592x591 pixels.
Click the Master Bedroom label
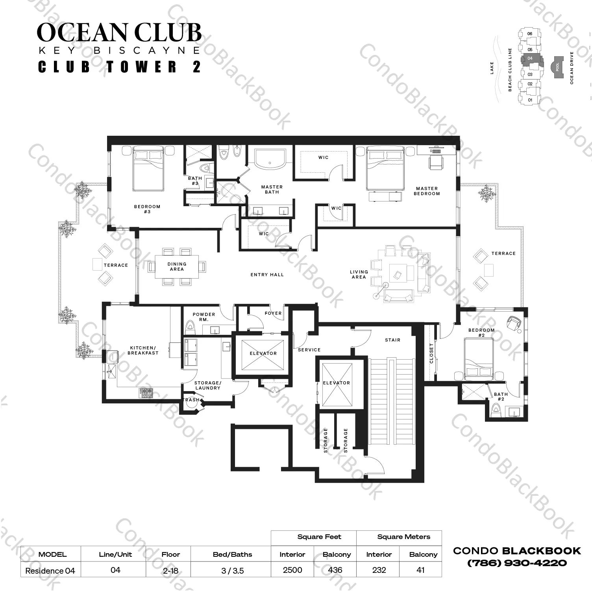pos(427,191)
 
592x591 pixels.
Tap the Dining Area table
pos(177,267)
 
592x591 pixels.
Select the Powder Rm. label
pos(204,317)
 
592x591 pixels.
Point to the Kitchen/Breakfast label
pos(143,350)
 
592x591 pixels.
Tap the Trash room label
pos(191,400)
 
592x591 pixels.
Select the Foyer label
pos(273,314)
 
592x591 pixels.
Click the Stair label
pos(392,340)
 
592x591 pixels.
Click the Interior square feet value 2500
pos(292,570)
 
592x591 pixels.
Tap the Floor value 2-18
pos(170,570)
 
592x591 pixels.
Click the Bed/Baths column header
pos(232,554)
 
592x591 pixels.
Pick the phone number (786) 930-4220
pos(517,563)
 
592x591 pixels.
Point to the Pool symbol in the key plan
pos(557,67)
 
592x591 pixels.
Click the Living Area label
pos(359,274)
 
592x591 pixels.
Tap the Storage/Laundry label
pos(208,385)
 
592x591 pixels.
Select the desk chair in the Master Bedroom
pos(435,162)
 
